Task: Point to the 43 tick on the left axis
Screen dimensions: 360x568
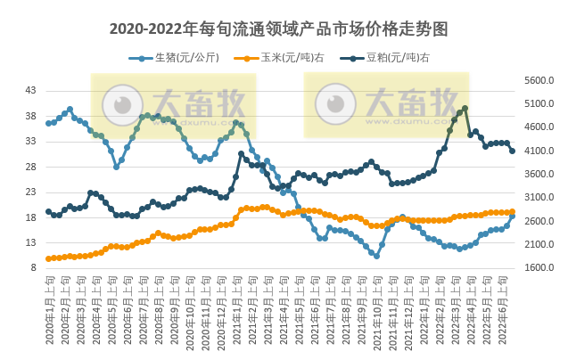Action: (30, 91)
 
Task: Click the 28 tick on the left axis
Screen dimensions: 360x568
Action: (30, 167)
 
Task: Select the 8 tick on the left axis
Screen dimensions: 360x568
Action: (33, 267)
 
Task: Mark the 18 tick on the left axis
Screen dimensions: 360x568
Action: (30, 217)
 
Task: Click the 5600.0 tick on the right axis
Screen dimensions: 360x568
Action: (539, 80)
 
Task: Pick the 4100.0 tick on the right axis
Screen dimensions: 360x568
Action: (539, 151)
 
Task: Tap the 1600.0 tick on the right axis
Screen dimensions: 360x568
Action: (539, 267)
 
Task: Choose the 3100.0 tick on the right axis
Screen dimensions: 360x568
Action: (539, 197)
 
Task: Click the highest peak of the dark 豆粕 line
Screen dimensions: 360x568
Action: (465, 109)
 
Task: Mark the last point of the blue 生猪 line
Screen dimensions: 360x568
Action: (512, 217)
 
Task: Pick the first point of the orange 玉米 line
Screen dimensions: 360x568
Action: (48, 258)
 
